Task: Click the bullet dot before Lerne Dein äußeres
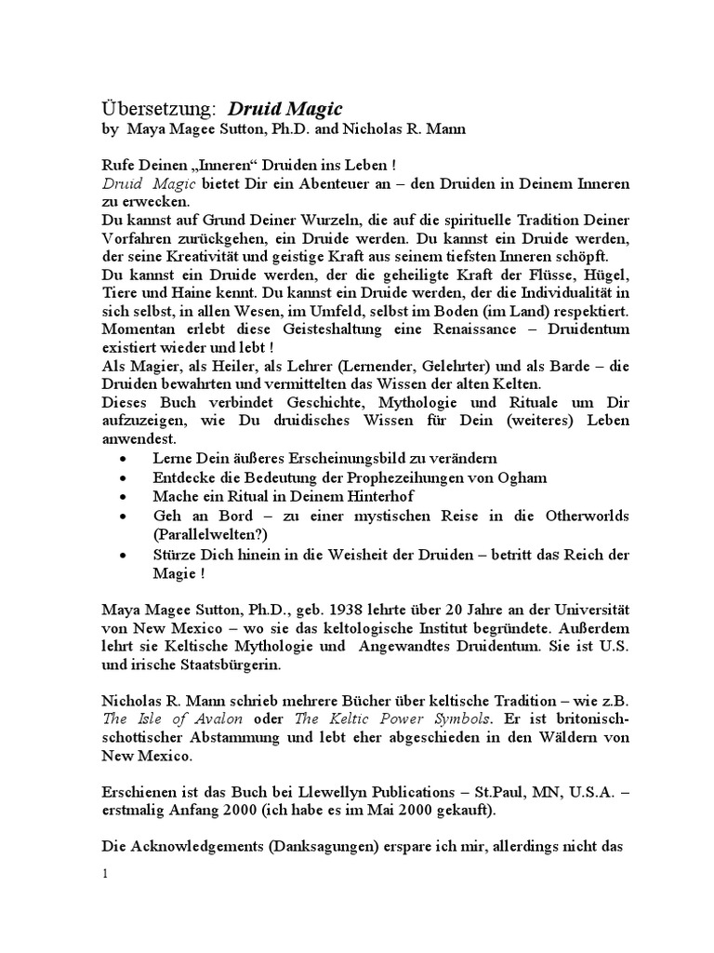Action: [x=126, y=460]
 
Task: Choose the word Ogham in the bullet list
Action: [x=523, y=477]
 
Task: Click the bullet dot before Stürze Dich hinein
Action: [x=126, y=556]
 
